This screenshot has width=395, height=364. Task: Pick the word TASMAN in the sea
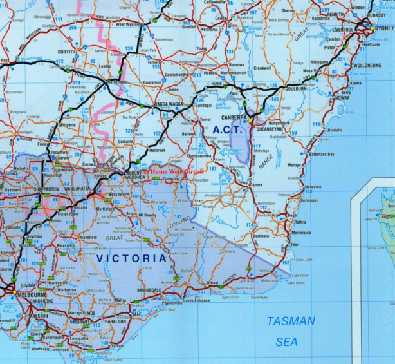point(291,321)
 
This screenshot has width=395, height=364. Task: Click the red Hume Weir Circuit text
point(173,173)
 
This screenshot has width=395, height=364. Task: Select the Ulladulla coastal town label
point(335,129)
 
